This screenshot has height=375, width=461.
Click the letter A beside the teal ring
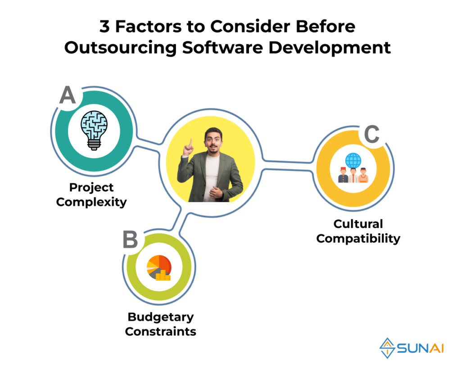coord(68,95)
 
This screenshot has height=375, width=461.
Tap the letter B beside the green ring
coord(130,239)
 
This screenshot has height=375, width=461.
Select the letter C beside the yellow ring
coord(372,134)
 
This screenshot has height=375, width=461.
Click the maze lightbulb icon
coord(94,131)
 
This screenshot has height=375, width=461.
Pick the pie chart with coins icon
coord(159,267)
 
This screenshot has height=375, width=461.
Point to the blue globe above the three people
coord(353,160)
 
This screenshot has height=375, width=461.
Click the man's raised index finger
coord(191,143)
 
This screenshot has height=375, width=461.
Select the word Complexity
coord(91,203)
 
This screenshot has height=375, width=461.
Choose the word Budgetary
coord(161,317)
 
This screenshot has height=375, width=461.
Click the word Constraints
coord(161,331)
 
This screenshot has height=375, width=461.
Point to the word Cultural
coord(358,224)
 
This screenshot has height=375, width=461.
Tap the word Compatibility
coord(358,239)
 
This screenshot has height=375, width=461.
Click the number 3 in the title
coord(104,27)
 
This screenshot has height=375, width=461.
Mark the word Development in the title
coord(330,48)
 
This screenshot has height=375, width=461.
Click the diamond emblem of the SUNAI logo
coord(387,348)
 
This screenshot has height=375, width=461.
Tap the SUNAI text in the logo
coord(420,348)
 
